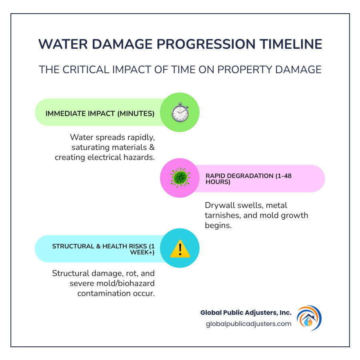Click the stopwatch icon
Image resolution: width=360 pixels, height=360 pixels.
[180, 112]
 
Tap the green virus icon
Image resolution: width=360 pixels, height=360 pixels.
[180, 178]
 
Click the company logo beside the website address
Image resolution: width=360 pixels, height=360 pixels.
[309, 318]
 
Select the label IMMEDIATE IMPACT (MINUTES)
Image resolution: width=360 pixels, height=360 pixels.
[100, 114]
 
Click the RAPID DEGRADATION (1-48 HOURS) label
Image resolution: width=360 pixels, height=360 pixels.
[248, 179]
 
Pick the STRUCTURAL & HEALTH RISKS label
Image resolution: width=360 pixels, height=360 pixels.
[103, 249]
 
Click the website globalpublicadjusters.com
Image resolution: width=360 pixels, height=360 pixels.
[249, 324]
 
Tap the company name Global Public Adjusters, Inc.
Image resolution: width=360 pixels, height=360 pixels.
[246, 312]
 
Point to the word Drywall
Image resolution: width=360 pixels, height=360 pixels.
[220, 205]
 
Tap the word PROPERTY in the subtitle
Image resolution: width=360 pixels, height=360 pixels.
[244, 70]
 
